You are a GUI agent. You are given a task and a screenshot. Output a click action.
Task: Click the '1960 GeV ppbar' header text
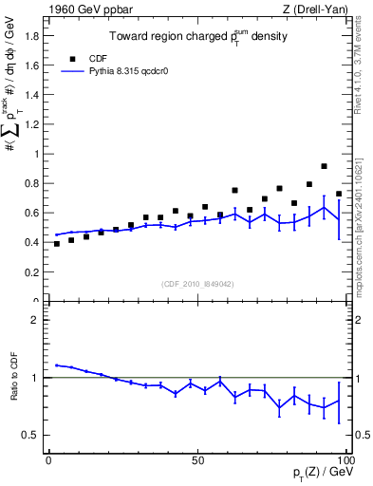tap(84, 9)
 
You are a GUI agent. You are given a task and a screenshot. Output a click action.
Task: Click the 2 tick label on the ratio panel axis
tap(36, 320)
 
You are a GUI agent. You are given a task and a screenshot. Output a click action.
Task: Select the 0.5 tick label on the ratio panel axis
tap(31, 435)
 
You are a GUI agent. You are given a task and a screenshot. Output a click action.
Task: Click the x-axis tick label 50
tap(197, 459)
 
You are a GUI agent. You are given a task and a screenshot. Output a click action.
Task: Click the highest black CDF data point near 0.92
tap(325, 166)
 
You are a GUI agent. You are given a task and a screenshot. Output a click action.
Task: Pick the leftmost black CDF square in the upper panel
tap(57, 244)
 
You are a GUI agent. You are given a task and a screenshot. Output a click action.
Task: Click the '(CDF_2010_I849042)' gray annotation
tap(197, 283)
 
